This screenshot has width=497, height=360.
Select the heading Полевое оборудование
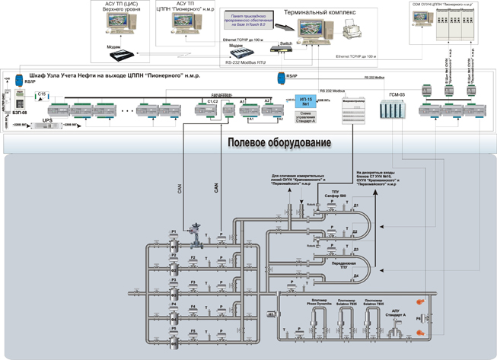(279, 143)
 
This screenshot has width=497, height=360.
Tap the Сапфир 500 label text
(336, 196)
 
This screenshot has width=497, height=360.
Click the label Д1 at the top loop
(355, 205)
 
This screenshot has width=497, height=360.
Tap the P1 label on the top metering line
(174, 231)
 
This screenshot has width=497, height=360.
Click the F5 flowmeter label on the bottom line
(193, 331)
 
